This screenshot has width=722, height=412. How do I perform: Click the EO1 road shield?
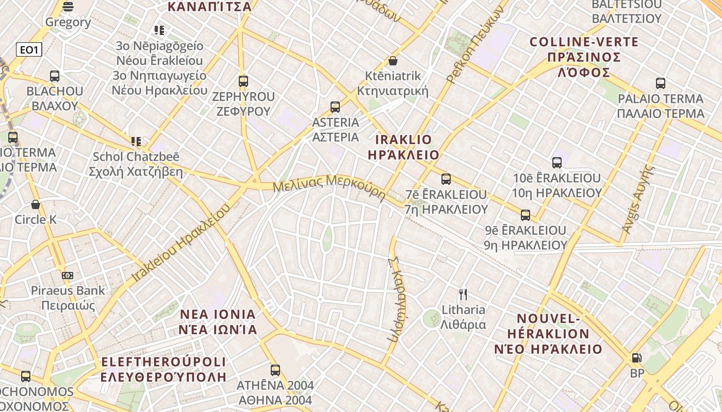point(29,49)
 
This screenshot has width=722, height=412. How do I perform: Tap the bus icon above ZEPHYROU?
point(243,81)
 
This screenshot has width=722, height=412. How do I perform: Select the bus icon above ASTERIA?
point(335,107)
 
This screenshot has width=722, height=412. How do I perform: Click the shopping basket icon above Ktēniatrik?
point(393,61)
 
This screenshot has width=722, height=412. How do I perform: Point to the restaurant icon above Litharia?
point(463,295)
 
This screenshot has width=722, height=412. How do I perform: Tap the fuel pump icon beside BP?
point(637,358)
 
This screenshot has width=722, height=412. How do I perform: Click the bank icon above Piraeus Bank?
point(68,276)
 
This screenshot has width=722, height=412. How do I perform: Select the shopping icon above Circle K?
point(36,205)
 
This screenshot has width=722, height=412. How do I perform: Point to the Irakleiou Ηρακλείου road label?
point(180,244)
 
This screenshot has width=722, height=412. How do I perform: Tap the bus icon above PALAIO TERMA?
point(661,83)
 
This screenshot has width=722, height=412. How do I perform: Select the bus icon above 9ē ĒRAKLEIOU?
point(526,215)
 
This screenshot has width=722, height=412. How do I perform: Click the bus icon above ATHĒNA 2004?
point(275,370)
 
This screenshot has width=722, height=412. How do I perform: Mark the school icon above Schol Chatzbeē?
point(136,142)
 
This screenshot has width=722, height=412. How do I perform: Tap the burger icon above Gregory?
point(68,6)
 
